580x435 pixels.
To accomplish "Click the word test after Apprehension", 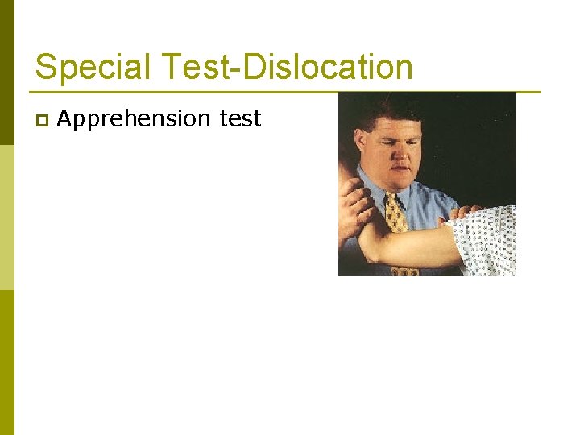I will [240, 119].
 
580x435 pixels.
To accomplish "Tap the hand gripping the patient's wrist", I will [351, 201].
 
